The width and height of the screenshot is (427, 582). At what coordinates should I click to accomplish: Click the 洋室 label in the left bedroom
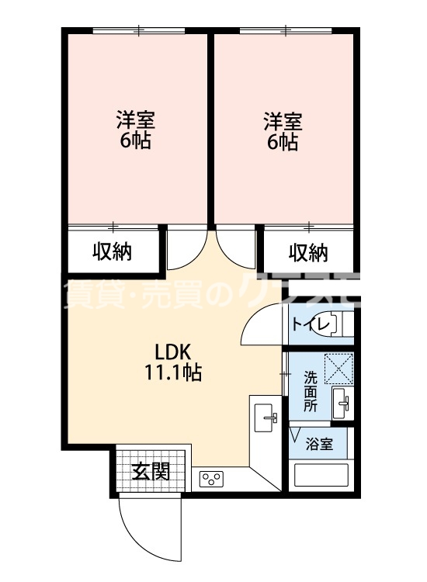(135, 121)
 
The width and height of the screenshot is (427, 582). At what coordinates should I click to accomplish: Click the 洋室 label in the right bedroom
(282, 121)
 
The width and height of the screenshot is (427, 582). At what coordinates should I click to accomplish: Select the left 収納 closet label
(113, 252)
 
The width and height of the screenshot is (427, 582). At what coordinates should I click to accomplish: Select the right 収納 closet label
(308, 252)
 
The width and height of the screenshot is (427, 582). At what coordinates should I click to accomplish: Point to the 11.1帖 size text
(172, 372)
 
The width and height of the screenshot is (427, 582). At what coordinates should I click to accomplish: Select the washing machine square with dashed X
(339, 368)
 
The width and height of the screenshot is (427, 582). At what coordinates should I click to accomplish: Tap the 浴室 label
(319, 445)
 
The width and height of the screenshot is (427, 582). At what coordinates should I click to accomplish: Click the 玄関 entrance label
(150, 471)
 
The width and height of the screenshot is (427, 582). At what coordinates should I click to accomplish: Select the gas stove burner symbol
(211, 479)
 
